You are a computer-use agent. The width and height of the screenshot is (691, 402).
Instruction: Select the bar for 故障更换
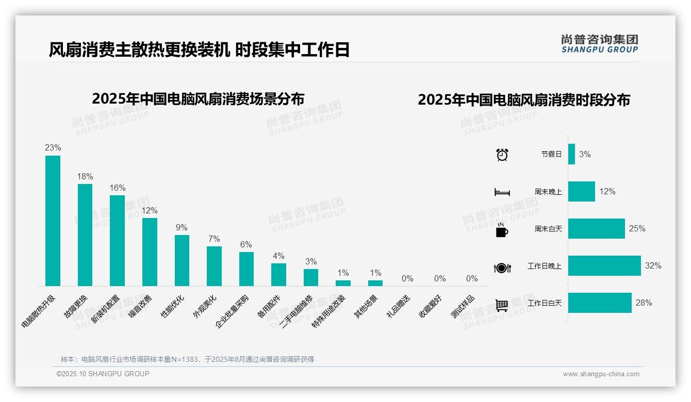point(85,235)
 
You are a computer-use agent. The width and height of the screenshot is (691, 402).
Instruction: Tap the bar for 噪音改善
point(150,252)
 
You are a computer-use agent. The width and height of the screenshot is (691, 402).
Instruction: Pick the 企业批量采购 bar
point(246,269)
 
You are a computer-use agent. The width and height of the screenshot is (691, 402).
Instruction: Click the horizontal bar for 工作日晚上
point(604,266)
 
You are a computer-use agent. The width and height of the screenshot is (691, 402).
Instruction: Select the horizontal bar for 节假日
point(571,154)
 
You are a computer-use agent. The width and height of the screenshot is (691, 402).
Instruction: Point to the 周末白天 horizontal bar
point(596,228)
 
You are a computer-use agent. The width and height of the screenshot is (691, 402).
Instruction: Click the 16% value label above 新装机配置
point(117,188)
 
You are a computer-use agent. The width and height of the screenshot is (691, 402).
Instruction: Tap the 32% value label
point(653,266)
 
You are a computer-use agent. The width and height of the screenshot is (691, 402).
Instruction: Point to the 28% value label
point(644,303)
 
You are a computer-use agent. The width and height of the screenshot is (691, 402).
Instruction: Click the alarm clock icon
point(502,155)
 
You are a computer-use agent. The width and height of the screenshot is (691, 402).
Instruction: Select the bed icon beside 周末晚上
point(502,192)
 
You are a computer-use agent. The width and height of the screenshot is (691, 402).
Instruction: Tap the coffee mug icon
point(502,229)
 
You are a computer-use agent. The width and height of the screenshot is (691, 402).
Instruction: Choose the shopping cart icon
point(502,305)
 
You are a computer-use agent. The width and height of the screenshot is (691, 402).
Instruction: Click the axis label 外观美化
point(205,307)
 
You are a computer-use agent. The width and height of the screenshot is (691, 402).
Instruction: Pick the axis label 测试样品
point(463,307)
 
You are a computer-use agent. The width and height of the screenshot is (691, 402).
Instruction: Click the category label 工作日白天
point(545,303)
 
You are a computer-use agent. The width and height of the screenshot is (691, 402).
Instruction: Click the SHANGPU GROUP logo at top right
point(600,44)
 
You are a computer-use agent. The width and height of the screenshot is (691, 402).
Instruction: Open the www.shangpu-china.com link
point(601,374)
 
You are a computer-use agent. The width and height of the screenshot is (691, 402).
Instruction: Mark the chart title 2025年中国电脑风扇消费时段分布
point(524,100)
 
